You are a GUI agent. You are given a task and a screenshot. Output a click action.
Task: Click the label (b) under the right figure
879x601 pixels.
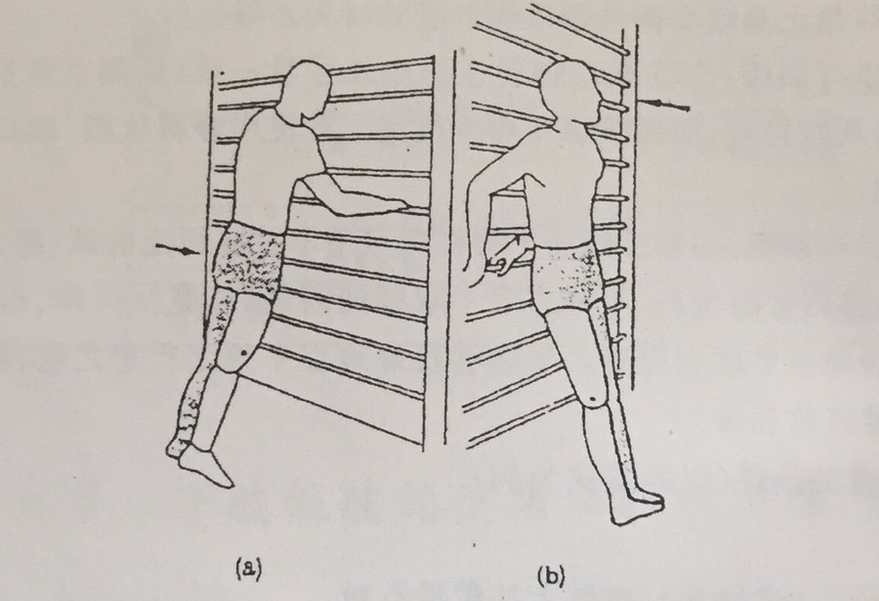pos(551,578)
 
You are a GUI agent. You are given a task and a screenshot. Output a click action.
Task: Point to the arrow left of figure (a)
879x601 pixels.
pos(177,249)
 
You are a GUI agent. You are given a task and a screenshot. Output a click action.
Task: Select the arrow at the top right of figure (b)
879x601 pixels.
pos(665,105)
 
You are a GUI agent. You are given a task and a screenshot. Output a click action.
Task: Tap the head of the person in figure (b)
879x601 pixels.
pos(573,93)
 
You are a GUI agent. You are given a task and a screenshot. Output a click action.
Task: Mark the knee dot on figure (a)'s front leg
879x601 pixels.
pos(243,353)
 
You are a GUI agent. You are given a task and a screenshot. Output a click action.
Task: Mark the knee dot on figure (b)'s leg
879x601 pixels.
pos(594,400)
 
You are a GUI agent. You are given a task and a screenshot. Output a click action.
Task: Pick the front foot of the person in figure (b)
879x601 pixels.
pos(636,508)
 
